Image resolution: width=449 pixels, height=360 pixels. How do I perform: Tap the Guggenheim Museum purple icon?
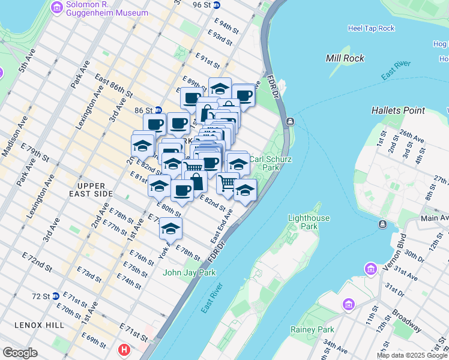[x=58, y=7]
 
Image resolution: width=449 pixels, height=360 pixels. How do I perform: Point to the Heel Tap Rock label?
[x=371, y=28]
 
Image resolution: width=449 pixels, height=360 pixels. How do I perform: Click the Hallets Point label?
[x=398, y=110]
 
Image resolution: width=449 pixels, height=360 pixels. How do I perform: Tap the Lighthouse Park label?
[x=311, y=222]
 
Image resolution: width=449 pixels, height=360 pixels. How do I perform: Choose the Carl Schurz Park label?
[x=265, y=164]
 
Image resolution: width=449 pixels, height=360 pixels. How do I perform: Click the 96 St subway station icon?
[x=217, y=5]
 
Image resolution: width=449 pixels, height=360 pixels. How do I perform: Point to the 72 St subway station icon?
[x=55, y=296]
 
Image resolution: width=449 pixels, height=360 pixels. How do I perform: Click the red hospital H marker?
[x=124, y=349]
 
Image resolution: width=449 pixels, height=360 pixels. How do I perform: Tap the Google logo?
[x=20, y=353]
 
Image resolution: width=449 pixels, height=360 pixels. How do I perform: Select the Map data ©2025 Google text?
[x=411, y=355]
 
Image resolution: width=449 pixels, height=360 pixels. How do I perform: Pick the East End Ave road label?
[x=221, y=226]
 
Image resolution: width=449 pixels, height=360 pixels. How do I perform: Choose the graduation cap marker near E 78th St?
[x=171, y=229]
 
